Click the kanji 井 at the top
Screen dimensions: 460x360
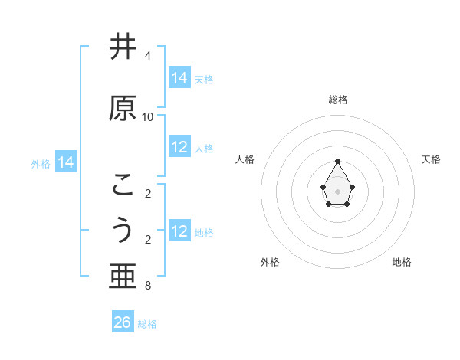[123, 48]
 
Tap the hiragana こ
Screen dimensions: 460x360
[123, 185]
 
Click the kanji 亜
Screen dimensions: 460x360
[123, 277]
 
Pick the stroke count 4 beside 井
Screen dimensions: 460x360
[147, 56]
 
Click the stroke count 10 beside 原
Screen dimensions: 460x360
[148, 117]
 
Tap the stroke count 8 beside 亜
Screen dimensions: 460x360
[147, 286]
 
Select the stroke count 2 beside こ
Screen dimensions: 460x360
[147, 194]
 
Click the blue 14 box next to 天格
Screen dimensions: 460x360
[179, 78]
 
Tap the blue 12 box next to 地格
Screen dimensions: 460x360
[179, 231]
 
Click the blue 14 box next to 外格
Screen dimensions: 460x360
[66, 162]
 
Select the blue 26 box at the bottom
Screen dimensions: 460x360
[123, 322]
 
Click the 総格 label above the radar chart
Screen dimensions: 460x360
[338, 100]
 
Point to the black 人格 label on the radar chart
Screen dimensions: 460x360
[245, 159]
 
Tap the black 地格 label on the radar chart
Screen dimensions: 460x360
[402, 262]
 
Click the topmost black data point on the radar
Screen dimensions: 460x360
[338, 161]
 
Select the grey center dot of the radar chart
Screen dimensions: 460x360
[338, 190]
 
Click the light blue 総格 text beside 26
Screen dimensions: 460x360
[147, 324]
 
